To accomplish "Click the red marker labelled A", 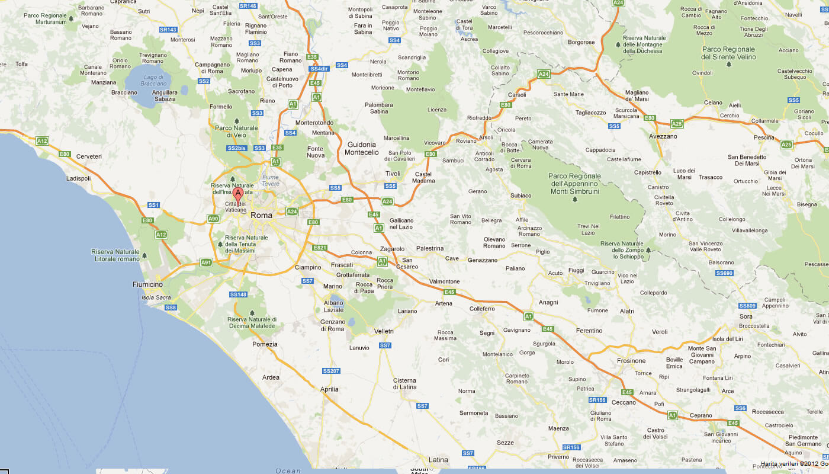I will pos(238,194).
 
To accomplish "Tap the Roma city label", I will pos(261,215).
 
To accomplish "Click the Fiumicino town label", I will pos(147,285).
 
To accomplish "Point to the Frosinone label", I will pos(631,361).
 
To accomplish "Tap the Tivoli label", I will pos(393,174).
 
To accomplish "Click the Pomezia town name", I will pos(265,344).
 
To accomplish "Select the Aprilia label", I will pos(329,389).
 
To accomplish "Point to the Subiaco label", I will pos(521,196).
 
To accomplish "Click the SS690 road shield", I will pos(724,273).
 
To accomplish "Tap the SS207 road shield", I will pos(331,371).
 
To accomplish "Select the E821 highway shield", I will pos(320,247).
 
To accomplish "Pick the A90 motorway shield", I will pos(213,219).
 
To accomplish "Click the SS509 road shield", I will pos(747,306).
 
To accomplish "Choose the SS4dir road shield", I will pos(319,69).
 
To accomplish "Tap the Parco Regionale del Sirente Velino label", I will pos(728,53).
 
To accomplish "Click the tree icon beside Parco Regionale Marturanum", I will pos(72,19).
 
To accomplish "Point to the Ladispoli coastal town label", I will pos(79,178).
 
